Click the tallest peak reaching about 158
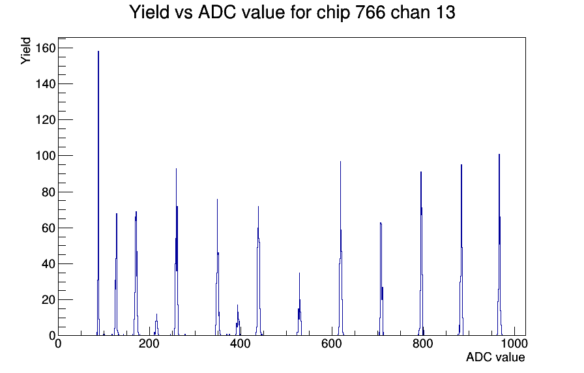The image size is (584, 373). (x=98, y=194)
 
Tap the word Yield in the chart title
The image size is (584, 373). (x=149, y=12)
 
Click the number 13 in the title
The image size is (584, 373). (x=445, y=12)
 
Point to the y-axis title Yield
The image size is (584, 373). (x=25, y=51)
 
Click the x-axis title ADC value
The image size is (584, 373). (x=495, y=357)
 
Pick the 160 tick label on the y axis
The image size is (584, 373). (x=46, y=48)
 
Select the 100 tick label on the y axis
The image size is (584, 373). (x=46, y=156)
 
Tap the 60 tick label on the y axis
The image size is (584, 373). (x=49, y=228)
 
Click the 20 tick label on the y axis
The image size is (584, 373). (x=49, y=299)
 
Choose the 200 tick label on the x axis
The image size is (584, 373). (x=149, y=344)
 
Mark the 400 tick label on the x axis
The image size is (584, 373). (x=241, y=344)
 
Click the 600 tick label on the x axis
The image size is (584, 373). (x=332, y=344)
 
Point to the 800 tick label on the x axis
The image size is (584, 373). (x=423, y=344)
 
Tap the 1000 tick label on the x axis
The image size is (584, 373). (x=514, y=344)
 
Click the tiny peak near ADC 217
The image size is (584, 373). (x=156, y=325)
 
